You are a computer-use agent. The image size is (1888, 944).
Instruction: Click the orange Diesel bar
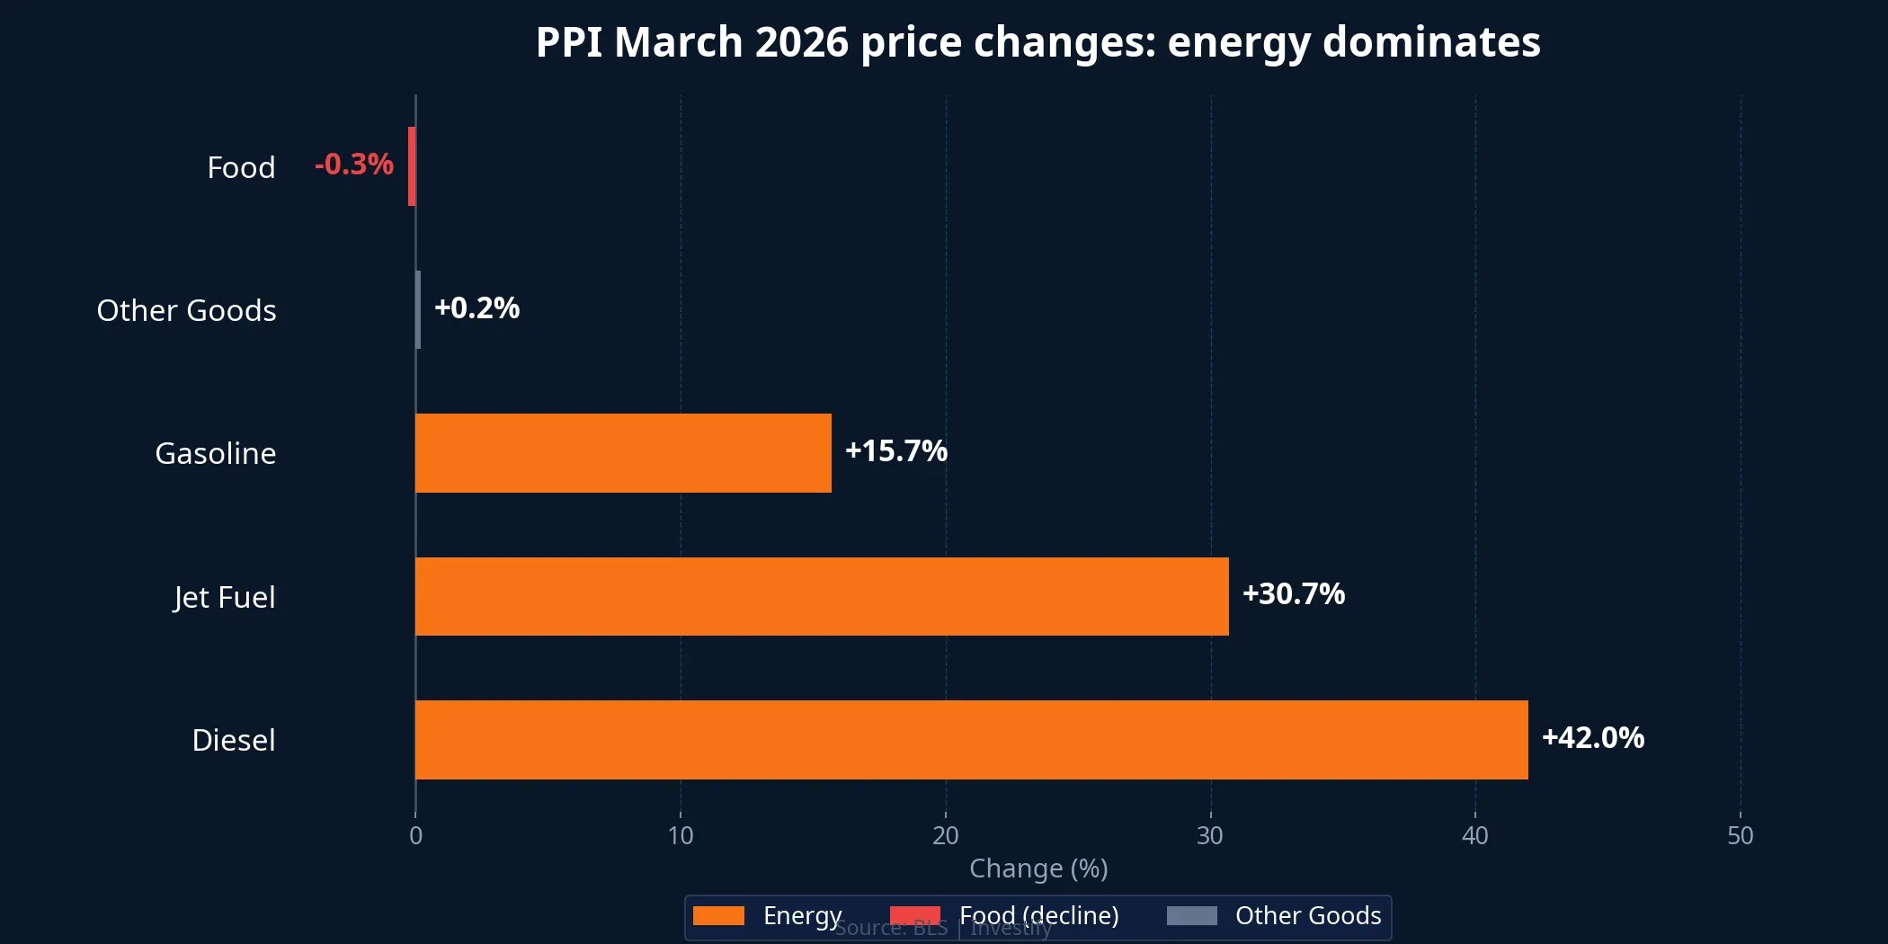pos(971,739)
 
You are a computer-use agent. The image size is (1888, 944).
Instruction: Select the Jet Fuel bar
pos(822,596)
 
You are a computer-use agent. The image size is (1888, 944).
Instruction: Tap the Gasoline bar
pos(623,452)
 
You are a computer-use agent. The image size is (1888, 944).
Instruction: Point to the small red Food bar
pos(412,166)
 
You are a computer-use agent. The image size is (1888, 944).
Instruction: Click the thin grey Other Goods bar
pos(418,309)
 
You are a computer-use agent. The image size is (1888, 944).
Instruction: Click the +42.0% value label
pos(1592,738)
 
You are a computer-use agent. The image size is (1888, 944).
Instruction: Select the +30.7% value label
pos(1293,594)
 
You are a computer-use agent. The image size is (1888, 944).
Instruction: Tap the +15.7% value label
pos(895,451)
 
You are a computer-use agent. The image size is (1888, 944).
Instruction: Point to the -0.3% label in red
pos(353,165)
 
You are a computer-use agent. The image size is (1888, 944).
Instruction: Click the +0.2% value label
pos(476,308)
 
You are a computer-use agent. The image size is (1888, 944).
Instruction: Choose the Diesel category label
pos(233,740)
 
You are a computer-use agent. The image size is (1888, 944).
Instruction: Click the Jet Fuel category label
pos(224,597)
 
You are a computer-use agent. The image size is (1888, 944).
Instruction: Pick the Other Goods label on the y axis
pos(186,310)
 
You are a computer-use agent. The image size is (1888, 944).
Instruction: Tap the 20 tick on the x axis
pos(945,836)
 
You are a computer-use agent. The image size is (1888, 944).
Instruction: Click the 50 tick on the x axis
pos(1740,836)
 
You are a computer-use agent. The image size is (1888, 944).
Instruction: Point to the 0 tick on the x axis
pos(415,836)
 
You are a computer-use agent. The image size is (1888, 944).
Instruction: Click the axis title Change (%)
pos(1038,868)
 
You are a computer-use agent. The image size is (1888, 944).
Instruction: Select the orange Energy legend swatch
pos(718,915)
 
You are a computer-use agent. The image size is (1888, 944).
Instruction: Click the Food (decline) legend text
pos(1038,915)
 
